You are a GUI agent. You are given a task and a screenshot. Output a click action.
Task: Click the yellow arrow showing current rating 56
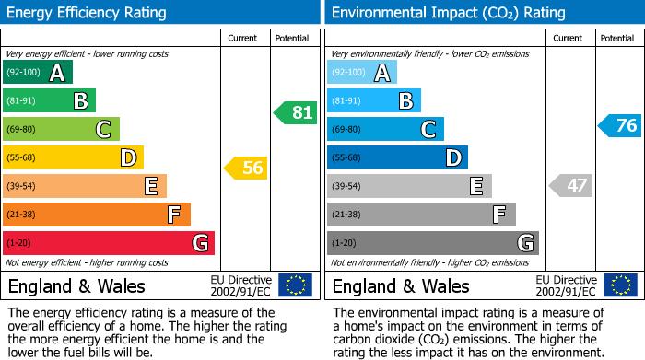245,168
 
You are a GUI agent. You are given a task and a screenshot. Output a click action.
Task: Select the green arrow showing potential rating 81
295,113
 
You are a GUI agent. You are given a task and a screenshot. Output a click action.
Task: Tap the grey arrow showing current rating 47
569,185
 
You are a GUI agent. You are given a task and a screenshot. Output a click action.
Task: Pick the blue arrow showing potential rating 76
619,126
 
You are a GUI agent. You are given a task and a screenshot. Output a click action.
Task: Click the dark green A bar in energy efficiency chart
38,73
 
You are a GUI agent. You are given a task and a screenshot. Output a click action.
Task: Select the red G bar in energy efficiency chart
109,243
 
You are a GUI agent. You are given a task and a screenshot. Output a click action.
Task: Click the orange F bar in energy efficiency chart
97,215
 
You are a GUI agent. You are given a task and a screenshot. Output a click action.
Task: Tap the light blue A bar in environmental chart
362,73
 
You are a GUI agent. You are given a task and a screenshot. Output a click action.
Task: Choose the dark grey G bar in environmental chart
433,243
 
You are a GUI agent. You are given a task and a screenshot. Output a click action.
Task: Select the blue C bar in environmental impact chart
385,129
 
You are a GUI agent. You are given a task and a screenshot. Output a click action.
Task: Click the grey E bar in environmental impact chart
409,186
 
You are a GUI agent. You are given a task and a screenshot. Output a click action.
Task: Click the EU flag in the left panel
295,285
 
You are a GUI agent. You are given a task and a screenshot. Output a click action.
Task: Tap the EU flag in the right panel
619,285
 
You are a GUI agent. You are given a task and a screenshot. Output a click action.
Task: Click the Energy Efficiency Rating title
88,13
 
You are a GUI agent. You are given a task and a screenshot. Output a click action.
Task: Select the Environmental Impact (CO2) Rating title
448,13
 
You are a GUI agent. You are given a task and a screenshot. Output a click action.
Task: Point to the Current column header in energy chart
244,38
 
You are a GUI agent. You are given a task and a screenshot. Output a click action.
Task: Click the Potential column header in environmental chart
617,38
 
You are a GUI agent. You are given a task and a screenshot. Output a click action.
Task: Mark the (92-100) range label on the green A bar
23,73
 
